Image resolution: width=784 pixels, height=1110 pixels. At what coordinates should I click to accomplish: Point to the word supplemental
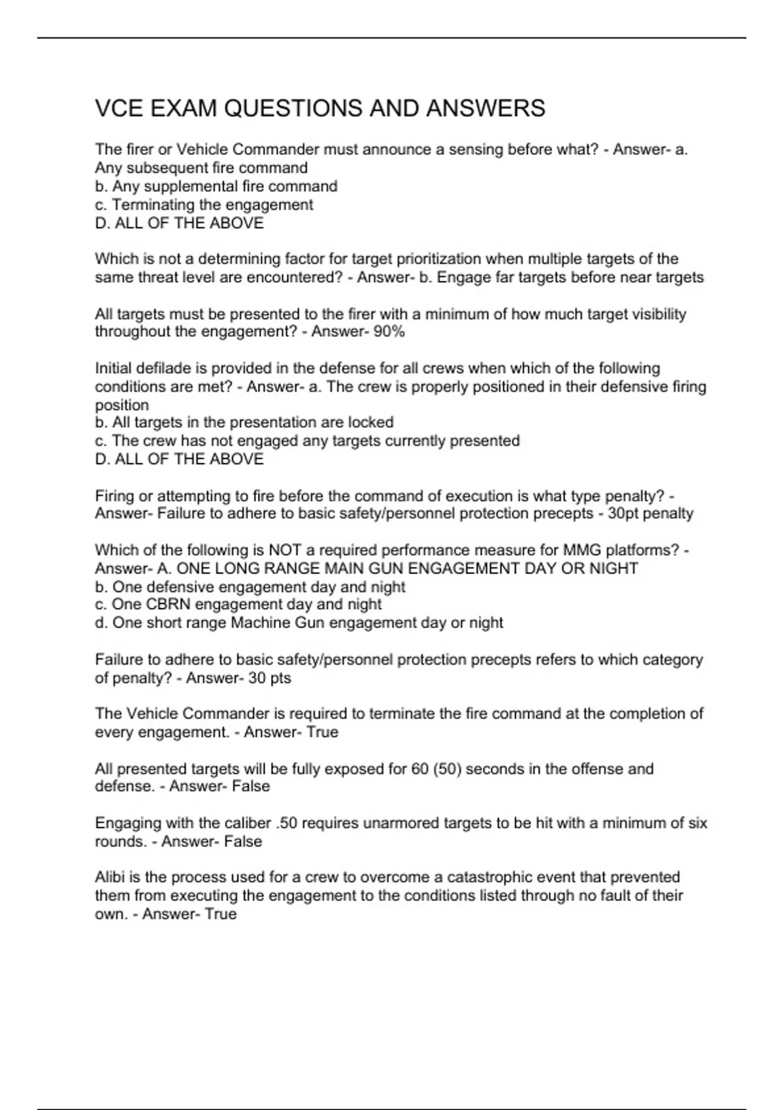coord(190,187)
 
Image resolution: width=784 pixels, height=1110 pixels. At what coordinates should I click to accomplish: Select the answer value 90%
coord(389,332)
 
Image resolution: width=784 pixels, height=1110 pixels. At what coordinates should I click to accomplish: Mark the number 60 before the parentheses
coord(419,769)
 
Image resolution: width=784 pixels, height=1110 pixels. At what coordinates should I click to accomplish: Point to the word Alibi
coord(110,878)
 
